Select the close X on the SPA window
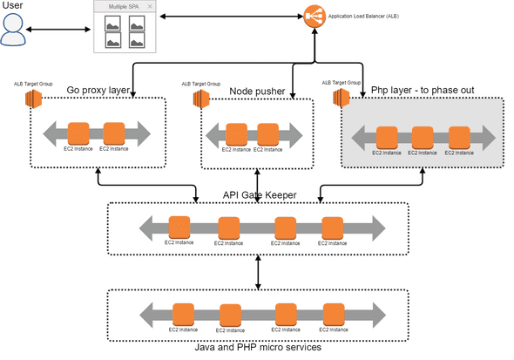click(x=150, y=7)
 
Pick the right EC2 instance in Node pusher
click(x=270, y=134)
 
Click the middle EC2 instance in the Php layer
click(x=423, y=138)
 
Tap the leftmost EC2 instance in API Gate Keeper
click(x=179, y=227)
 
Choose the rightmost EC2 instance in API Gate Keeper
click(x=332, y=227)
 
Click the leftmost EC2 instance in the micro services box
click(x=183, y=313)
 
